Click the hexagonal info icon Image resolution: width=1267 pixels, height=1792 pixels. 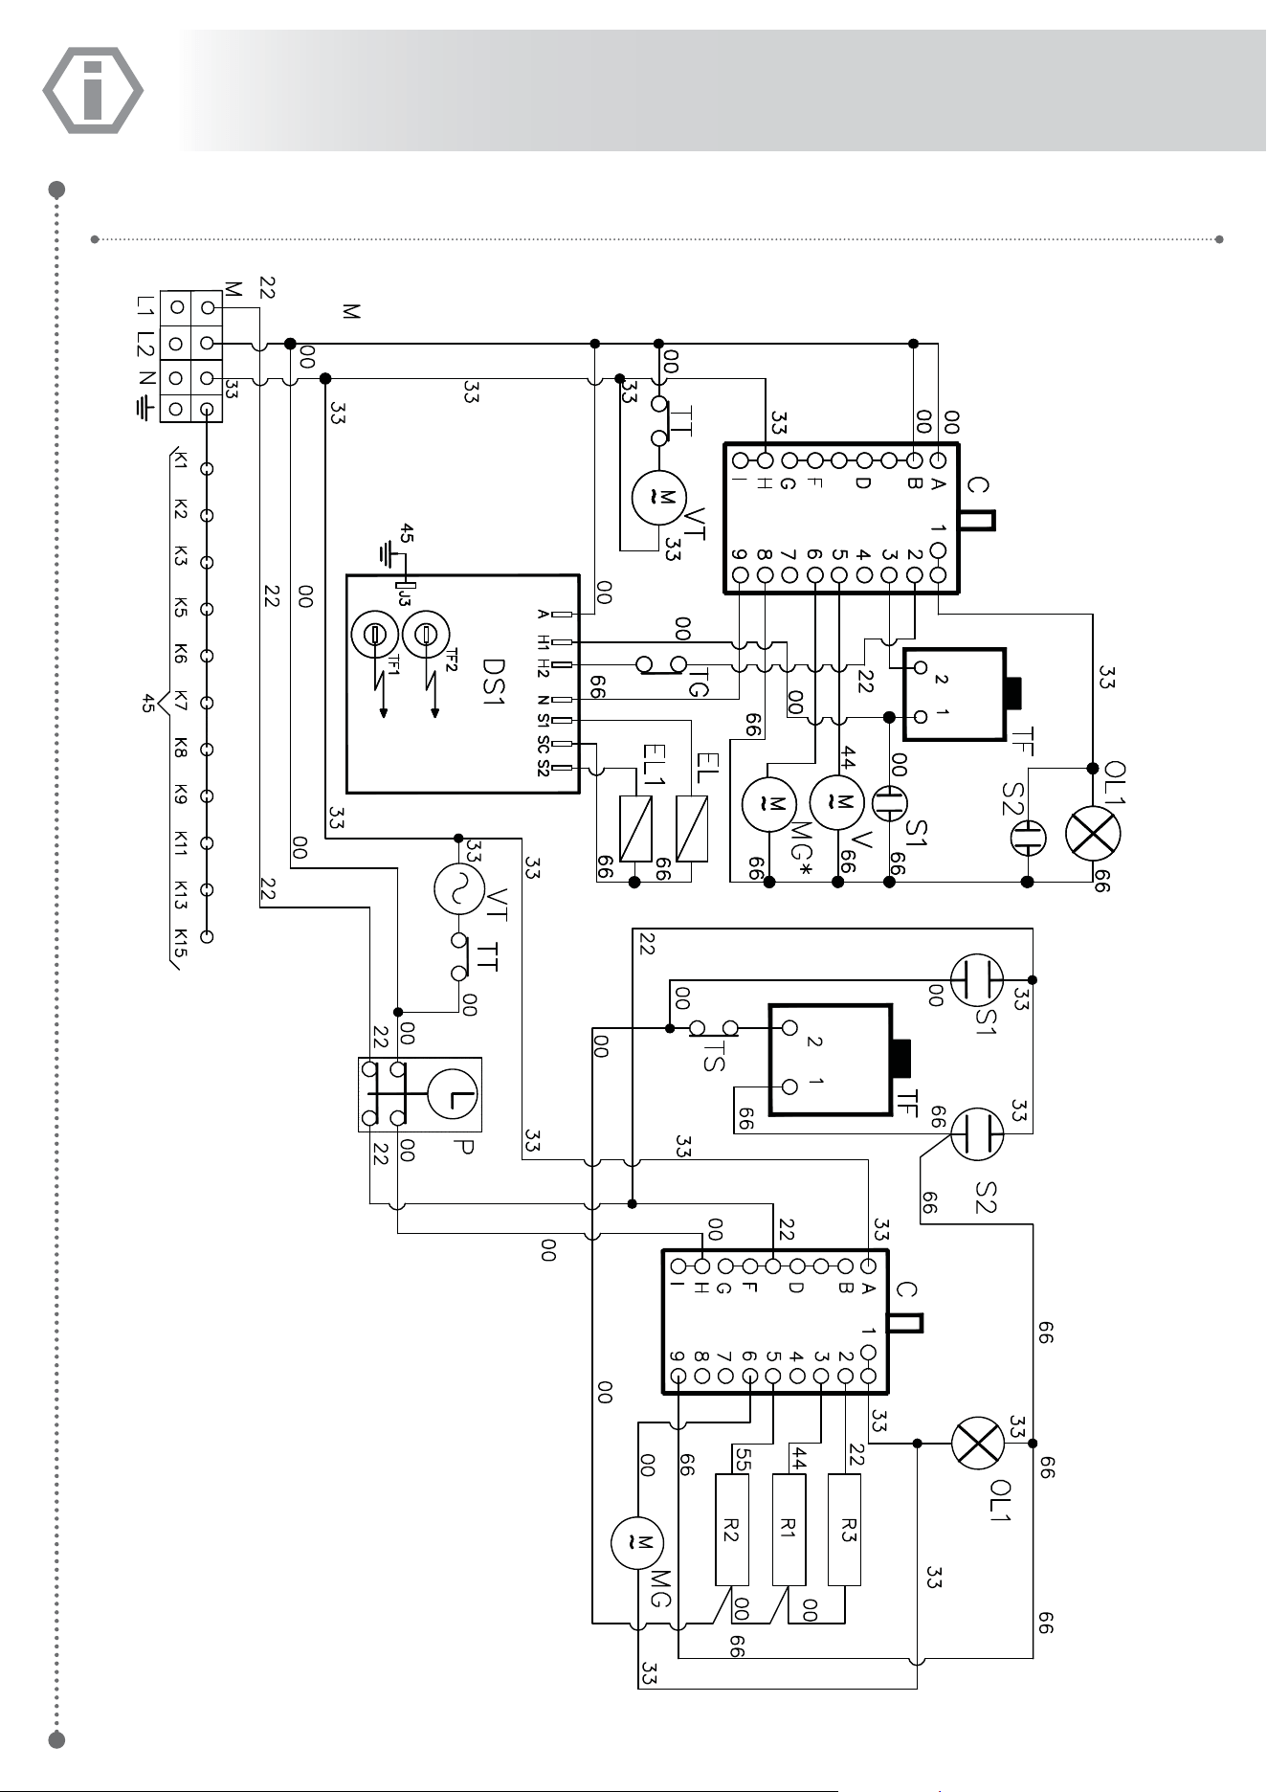point(93,90)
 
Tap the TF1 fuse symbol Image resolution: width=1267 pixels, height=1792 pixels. point(374,634)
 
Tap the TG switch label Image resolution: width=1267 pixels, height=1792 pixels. point(698,681)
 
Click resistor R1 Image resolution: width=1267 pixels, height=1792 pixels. point(789,1529)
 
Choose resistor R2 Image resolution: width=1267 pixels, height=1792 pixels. point(732,1529)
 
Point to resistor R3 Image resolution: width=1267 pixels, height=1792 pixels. point(844,1529)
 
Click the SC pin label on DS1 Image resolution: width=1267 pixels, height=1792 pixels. point(543,744)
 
